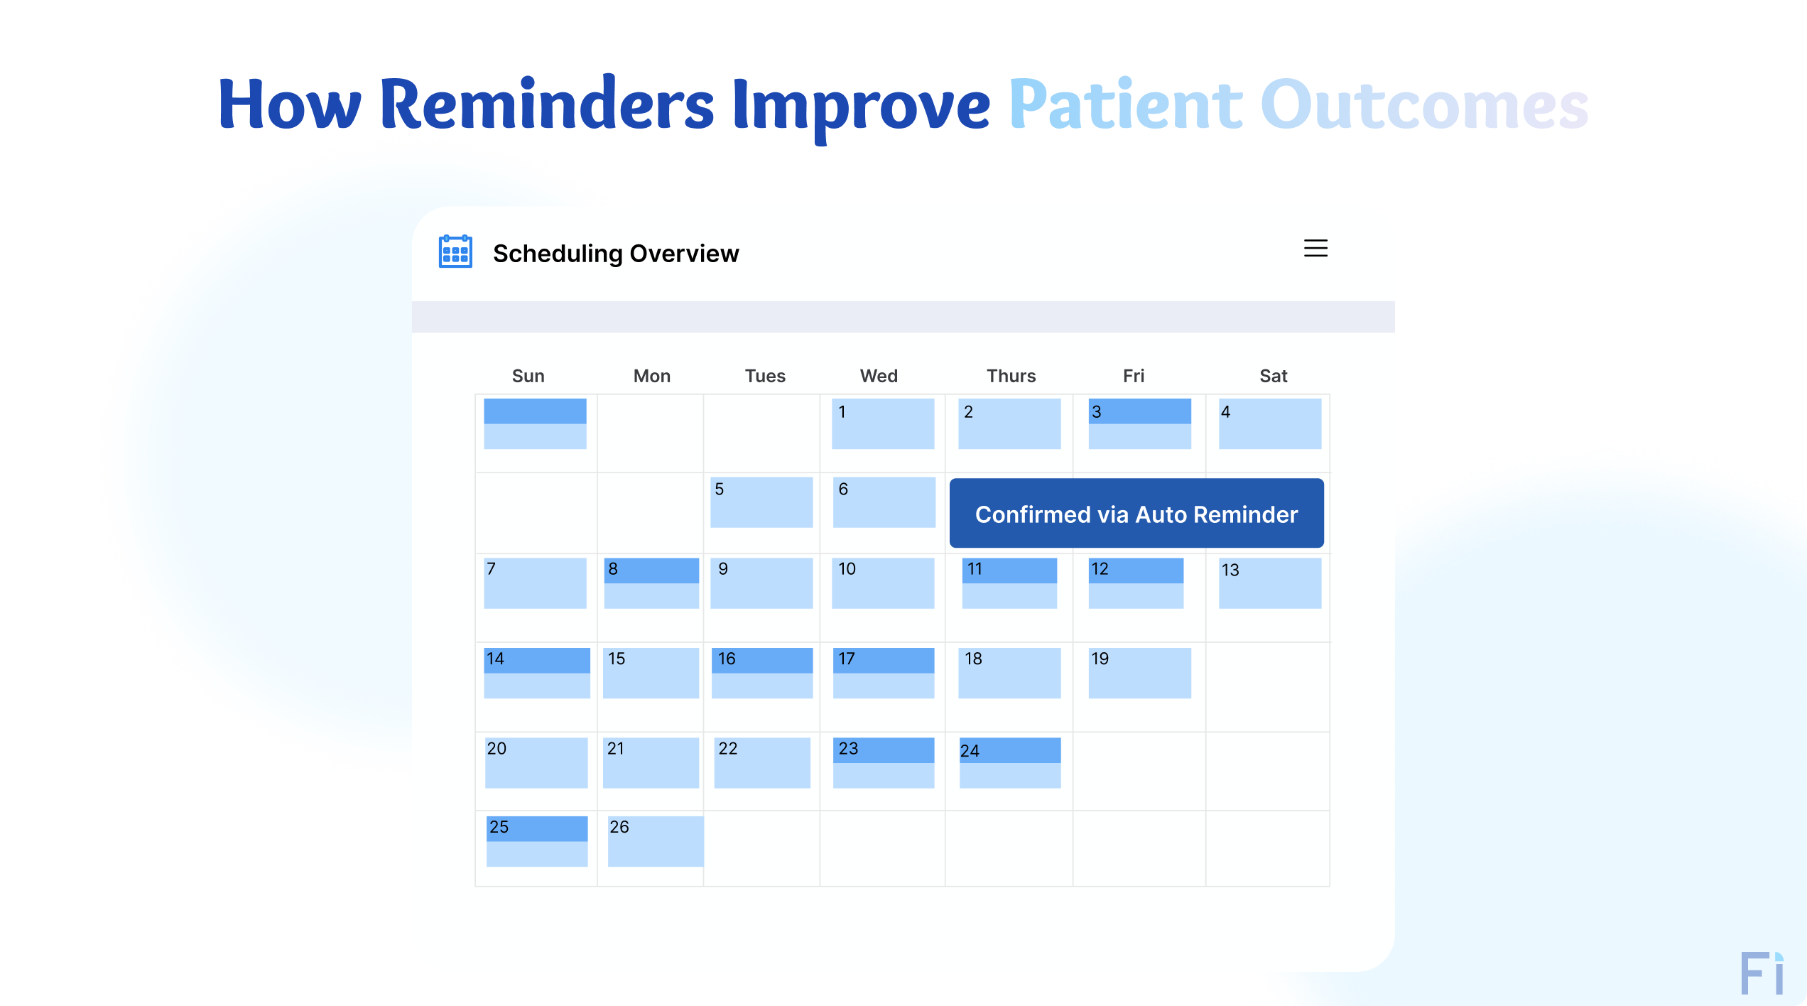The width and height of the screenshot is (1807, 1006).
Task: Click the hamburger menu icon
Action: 1315,248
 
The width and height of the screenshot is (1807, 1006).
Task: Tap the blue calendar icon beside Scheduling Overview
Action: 455,251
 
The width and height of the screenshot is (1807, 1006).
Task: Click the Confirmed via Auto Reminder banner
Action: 1136,513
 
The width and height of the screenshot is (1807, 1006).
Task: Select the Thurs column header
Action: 1010,376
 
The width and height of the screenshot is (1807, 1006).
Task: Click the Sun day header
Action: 528,376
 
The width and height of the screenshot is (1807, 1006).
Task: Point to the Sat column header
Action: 1273,376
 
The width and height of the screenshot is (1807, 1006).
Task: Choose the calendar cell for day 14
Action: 536,672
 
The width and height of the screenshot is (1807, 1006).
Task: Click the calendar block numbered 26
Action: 655,840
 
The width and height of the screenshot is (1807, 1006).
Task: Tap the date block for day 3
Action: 1139,423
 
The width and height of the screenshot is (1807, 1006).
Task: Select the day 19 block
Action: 1139,672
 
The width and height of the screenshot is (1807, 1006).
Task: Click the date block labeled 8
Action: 651,583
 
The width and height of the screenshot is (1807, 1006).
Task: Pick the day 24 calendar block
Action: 1009,762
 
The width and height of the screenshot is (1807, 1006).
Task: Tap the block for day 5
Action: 761,502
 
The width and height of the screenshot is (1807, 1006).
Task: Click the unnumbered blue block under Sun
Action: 535,423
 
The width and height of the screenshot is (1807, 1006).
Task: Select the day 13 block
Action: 1269,583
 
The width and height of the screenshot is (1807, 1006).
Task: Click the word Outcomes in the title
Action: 1423,105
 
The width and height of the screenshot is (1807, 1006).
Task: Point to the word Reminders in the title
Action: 546,105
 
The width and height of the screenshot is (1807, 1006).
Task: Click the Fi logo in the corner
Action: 1761,973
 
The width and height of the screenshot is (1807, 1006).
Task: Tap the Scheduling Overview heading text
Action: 615,254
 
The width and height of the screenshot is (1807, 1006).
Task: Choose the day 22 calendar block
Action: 761,762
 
